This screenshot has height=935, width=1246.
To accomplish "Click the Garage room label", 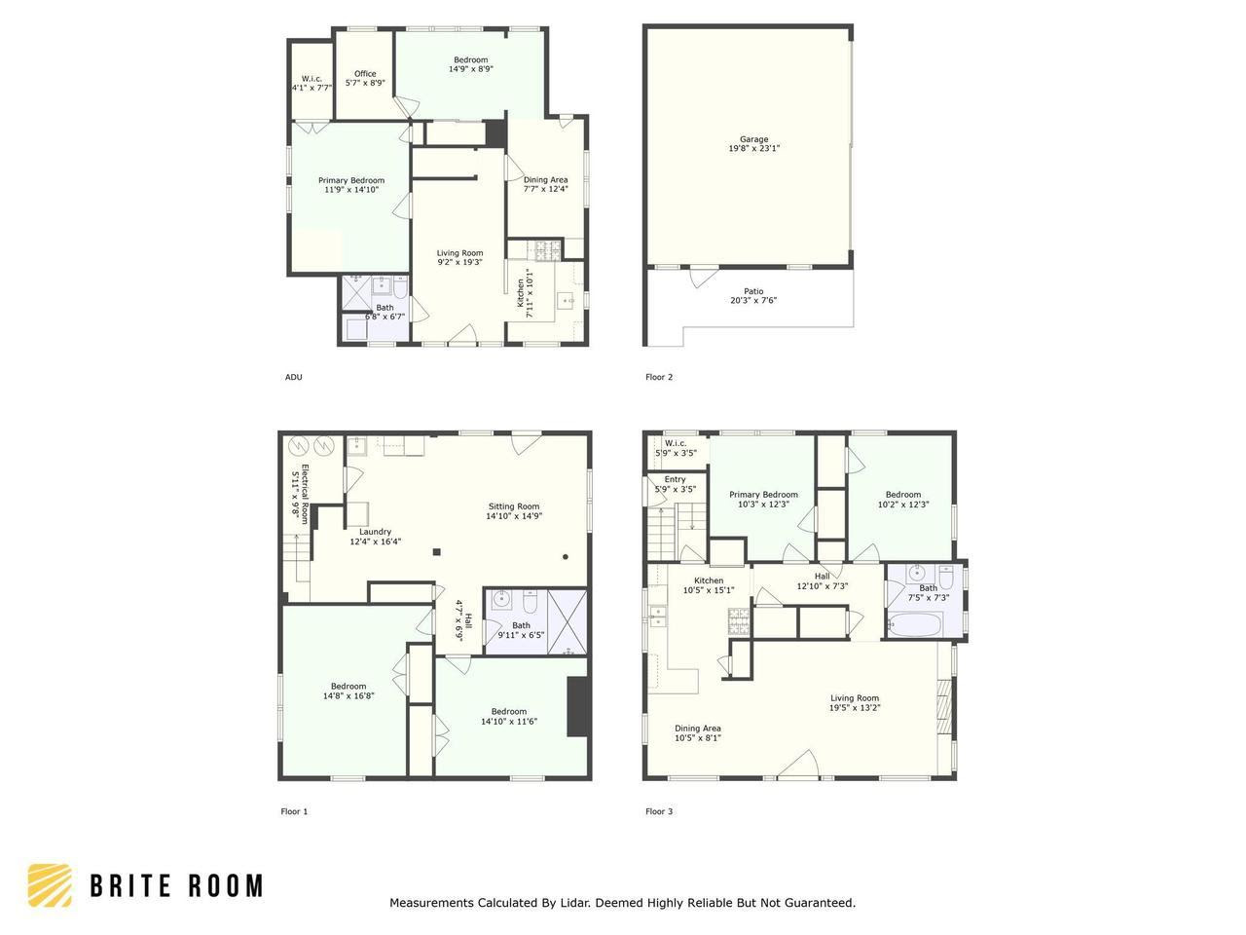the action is (753, 139).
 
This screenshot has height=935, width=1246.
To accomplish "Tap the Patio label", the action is (753, 291).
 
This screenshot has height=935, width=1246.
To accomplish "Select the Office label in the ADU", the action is (365, 73).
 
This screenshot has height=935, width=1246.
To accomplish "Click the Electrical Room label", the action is (305, 494).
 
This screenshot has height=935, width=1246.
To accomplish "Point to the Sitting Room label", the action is (514, 506).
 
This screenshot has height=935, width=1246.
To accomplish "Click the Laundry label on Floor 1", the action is (375, 532).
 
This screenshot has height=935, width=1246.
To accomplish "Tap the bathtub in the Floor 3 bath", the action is (915, 625).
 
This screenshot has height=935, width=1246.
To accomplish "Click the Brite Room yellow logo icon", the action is (50, 885).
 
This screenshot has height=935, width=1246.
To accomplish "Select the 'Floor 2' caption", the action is (659, 377).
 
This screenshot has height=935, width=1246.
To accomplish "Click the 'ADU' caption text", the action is (293, 377).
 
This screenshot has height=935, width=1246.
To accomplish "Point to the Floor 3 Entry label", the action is (675, 479).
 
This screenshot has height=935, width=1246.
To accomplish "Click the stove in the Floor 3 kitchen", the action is (739, 621).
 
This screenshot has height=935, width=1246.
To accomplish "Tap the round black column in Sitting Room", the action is (566, 557).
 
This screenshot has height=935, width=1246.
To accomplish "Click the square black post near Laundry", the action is (436, 551).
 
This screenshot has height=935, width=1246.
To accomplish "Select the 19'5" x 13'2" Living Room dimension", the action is (855, 708).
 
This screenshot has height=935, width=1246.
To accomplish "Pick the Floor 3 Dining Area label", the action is (698, 729).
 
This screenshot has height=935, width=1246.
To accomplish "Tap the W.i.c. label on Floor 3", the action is (676, 443).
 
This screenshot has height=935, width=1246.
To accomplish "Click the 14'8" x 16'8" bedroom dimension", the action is (348, 695).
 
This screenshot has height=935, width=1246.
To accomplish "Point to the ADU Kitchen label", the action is (521, 292).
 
